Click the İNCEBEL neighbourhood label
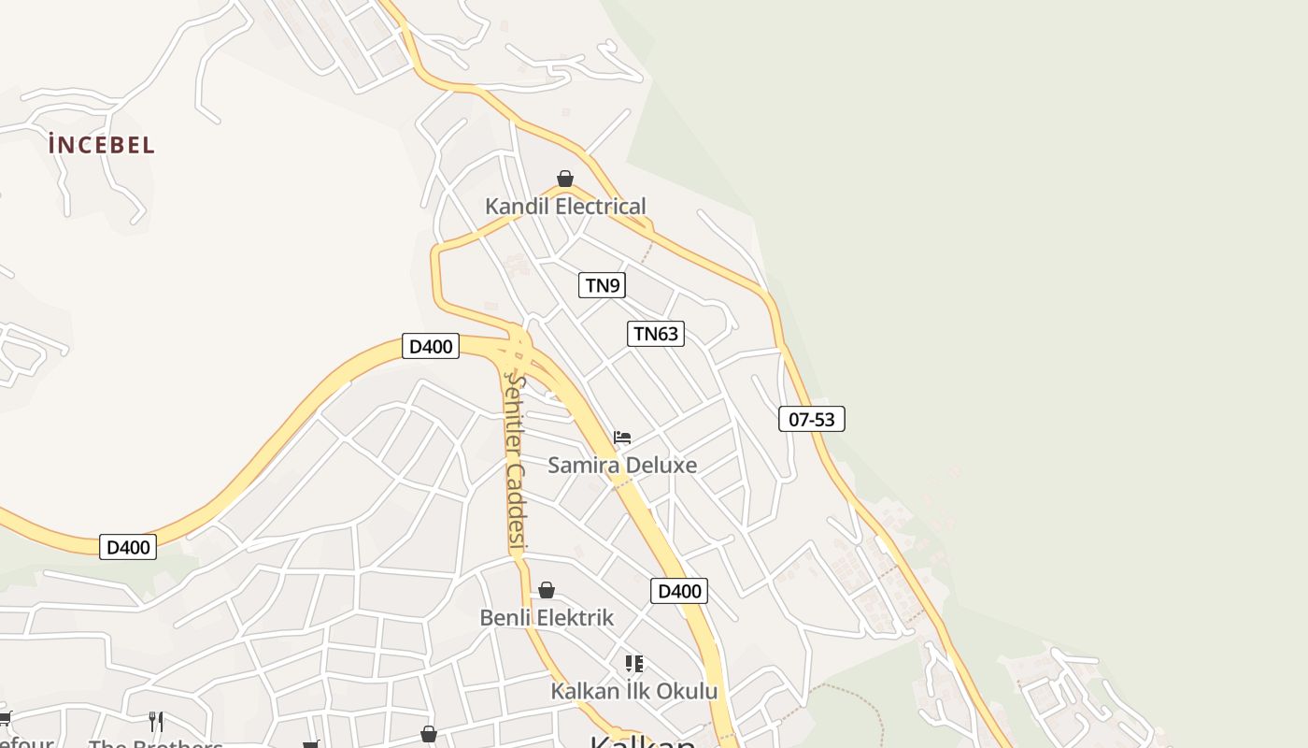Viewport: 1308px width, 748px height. click(x=102, y=145)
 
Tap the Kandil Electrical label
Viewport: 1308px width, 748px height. click(x=565, y=207)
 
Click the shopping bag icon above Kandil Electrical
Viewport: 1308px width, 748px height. click(x=565, y=178)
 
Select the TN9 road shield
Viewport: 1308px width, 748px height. click(x=602, y=285)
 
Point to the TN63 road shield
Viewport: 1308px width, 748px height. click(x=655, y=334)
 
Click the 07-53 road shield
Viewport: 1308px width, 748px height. click(x=811, y=420)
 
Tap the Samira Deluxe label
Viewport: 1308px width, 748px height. click(x=622, y=465)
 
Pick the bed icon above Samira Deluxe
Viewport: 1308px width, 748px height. click(x=622, y=437)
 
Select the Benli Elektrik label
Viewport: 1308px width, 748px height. click(x=547, y=618)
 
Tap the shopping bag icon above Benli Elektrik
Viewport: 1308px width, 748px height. click(x=547, y=590)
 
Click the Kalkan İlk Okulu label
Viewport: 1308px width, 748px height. click(x=634, y=692)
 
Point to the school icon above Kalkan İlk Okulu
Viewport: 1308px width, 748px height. click(x=634, y=664)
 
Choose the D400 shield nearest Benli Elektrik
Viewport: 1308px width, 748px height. click(x=679, y=591)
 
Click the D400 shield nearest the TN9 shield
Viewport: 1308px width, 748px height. click(x=431, y=347)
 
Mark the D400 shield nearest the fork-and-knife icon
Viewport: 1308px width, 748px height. click(x=128, y=547)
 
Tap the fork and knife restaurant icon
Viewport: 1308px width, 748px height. click(x=156, y=721)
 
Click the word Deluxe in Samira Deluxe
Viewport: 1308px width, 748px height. click(x=661, y=465)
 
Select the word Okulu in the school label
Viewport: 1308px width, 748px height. click(x=686, y=692)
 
